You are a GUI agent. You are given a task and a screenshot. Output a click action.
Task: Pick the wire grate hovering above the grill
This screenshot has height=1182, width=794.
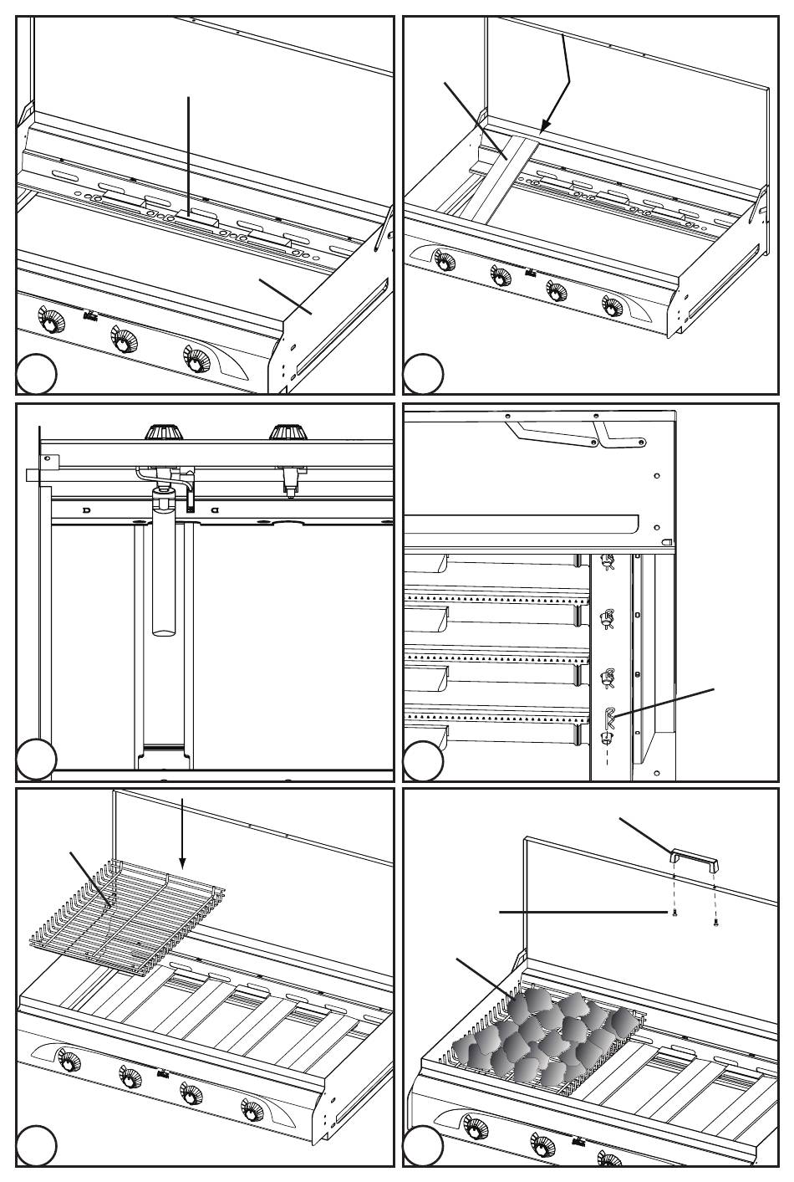[125, 920]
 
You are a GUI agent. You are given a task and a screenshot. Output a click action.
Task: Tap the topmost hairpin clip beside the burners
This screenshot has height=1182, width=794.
[608, 561]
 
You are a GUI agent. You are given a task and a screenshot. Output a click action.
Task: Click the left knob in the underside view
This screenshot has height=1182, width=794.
[164, 432]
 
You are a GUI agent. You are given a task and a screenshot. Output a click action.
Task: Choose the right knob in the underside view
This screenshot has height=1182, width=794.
[287, 432]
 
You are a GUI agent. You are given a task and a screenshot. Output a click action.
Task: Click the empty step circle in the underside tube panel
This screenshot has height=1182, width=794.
[37, 760]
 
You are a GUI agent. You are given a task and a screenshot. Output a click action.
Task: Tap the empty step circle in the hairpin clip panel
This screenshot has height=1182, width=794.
[424, 760]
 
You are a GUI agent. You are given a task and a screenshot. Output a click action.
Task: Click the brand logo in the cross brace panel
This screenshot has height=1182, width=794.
[529, 273]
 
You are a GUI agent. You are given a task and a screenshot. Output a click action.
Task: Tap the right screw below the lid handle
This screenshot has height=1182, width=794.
[716, 923]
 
